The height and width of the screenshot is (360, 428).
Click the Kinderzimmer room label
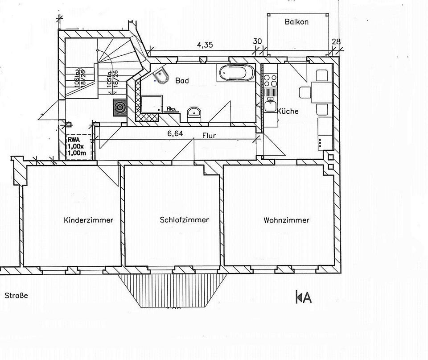point(88,220)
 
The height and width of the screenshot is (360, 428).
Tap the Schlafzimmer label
point(184,220)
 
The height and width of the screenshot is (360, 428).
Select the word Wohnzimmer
point(286,220)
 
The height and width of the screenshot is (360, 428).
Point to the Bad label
point(182,81)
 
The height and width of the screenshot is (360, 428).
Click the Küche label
point(288,111)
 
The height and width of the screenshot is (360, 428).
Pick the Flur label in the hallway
point(209,135)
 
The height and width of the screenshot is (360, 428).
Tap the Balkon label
point(296,21)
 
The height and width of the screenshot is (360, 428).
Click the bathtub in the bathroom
point(236,72)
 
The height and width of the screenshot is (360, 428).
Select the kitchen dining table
point(321,92)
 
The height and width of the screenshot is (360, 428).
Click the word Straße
point(16,295)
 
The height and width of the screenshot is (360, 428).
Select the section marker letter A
point(306,297)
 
